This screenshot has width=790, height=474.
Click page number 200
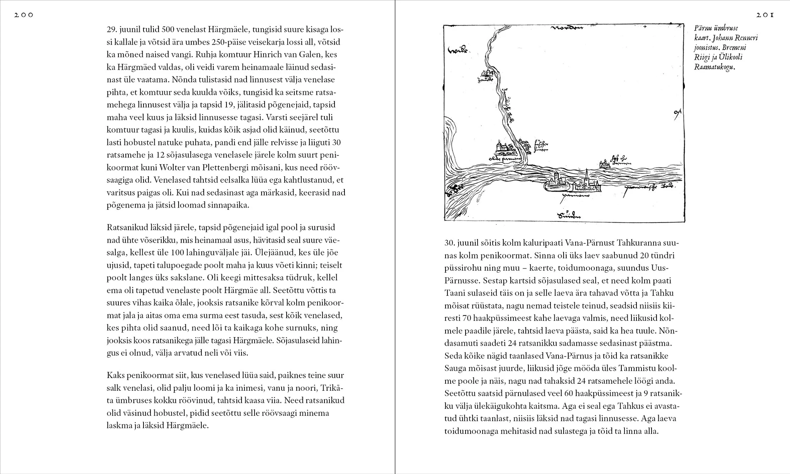click(24, 15)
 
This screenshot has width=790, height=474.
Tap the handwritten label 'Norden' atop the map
click(566, 28)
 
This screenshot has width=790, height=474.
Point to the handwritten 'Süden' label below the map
click(569, 216)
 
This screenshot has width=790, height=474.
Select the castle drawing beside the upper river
click(487, 74)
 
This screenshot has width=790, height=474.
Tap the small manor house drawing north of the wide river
click(604, 164)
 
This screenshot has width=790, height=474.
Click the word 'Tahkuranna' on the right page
click(639, 243)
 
